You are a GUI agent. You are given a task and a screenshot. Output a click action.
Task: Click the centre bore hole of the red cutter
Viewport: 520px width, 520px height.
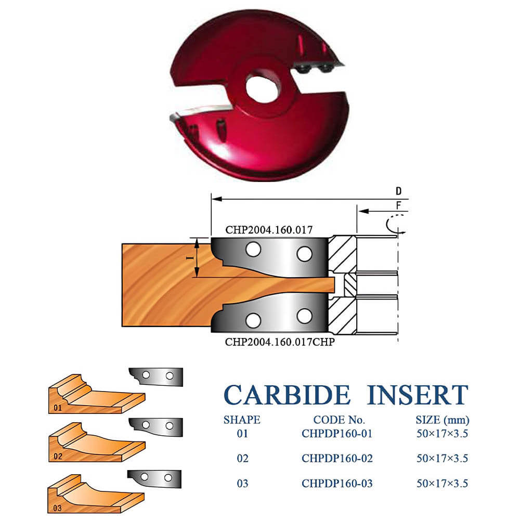coord(262,89)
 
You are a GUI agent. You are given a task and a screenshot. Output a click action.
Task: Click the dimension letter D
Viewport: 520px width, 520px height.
coord(398,191)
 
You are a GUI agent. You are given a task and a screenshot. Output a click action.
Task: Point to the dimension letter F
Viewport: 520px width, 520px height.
coord(399,205)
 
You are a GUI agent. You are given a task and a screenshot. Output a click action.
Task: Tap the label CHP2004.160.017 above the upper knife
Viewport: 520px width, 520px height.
coord(269,230)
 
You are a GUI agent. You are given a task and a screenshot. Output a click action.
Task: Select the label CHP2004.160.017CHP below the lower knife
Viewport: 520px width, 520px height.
coord(280,342)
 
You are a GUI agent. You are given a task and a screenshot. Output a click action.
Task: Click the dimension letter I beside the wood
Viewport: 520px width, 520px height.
coord(190,258)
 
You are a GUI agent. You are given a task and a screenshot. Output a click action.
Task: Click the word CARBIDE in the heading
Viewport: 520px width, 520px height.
coord(287,395)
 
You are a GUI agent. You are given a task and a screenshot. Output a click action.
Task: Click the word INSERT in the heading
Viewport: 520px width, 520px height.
coord(418,395)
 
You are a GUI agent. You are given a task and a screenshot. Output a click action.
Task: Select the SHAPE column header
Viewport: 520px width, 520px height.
coord(242,420)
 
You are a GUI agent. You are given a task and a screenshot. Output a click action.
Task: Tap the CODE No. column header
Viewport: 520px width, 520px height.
coord(339,420)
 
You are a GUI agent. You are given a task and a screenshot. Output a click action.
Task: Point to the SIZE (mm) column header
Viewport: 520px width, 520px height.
coord(443,420)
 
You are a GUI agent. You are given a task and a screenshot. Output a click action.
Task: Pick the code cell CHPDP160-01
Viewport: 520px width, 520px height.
coord(337,434)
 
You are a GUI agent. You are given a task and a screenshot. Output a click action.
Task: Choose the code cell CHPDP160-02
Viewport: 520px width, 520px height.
coord(337,458)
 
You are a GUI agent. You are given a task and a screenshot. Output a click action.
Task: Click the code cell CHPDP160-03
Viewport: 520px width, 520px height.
coord(337,484)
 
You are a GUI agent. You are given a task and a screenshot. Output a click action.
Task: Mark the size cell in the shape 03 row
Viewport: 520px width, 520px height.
coord(443,484)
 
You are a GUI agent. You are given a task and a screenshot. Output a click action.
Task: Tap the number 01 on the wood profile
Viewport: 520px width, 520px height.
coord(58,408)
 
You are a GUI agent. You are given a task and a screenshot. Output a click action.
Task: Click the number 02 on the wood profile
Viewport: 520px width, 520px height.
coord(58,457)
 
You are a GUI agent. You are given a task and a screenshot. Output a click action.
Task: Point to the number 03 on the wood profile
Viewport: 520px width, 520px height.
coord(57,508)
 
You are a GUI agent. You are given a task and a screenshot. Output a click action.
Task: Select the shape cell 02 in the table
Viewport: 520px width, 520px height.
coord(242,458)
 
